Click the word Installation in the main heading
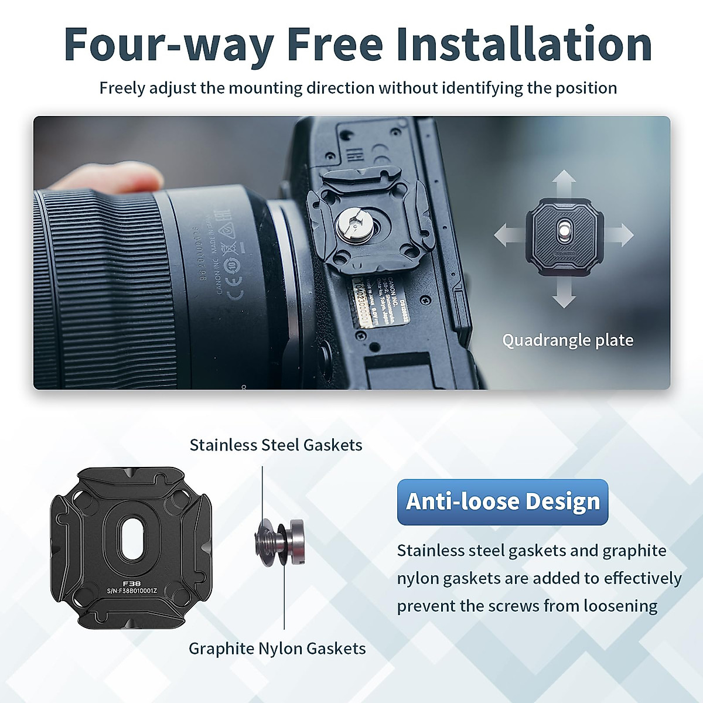point(524,45)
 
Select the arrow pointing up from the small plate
point(564,182)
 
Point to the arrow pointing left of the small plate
point(507,236)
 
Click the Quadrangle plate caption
point(568,340)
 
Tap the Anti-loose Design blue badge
point(503,502)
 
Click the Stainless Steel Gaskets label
point(276,445)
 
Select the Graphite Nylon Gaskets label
point(277,649)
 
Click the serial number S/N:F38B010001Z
point(132,592)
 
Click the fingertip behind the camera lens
point(111,178)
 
